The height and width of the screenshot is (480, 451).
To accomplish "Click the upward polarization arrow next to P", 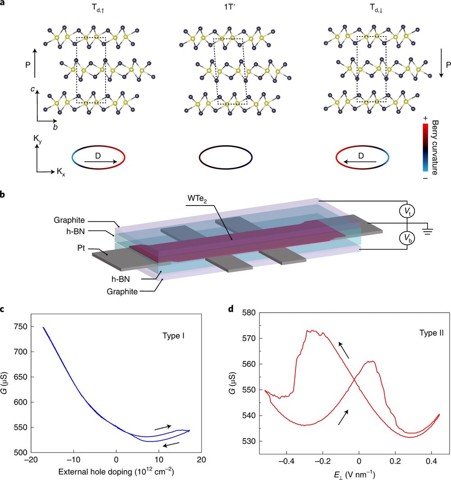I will [x=36, y=64].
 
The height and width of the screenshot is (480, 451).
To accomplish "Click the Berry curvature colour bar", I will [x=424, y=148].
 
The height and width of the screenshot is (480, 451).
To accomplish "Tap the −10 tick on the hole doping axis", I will [x=74, y=461].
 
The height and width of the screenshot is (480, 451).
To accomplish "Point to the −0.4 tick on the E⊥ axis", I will [x=286, y=461].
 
